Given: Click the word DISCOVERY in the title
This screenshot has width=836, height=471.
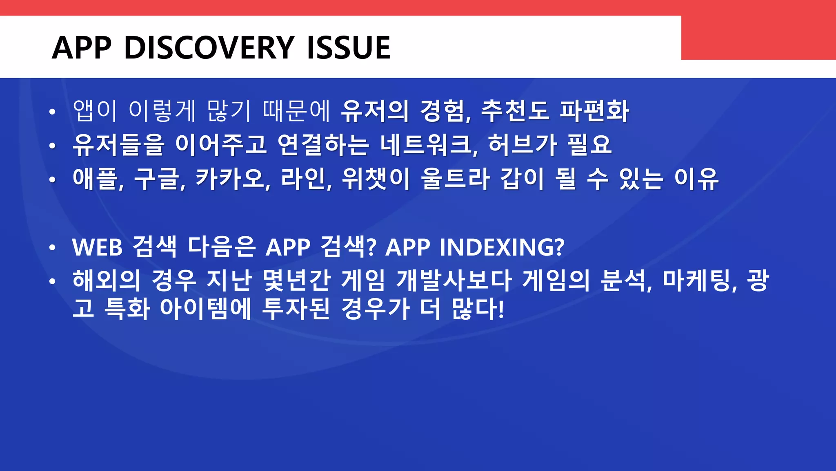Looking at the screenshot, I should (209, 47).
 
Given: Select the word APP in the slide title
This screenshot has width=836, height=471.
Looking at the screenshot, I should (82, 47).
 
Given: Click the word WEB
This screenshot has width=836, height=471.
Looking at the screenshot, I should (97, 247).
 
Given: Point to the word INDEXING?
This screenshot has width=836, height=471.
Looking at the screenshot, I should (502, 247).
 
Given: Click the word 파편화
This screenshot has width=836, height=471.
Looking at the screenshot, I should (594, 111).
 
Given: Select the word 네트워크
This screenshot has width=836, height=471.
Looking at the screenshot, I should (429, 145).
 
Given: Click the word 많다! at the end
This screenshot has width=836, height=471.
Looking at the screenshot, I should (478, 309).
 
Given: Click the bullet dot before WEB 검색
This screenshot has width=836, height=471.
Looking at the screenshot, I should (52, 248).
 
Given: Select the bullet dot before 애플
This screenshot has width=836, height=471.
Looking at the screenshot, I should (52, 179).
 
